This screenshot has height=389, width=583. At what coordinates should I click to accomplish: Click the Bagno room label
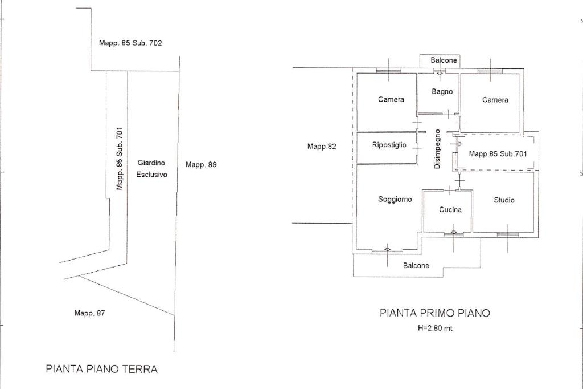click(442, 91)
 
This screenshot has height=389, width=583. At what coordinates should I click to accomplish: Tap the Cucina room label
click(450, 209)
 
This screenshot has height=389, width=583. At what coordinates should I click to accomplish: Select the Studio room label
click(504, 200)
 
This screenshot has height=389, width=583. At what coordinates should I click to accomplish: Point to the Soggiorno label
click(395, 199)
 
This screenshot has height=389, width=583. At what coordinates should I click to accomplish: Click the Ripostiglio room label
click(389, 145)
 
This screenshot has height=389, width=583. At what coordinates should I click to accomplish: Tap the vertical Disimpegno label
click(437, 149)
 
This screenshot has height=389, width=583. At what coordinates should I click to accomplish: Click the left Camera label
click(391, 99)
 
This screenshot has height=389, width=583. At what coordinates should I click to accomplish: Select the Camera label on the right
click(495, 100)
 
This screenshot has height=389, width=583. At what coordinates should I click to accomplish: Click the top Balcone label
click(444, 60)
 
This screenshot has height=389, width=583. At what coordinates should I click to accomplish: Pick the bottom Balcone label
click(416, 265)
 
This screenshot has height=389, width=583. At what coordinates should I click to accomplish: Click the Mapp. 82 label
click(322, 147)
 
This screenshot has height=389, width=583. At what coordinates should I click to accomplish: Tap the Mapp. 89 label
click(201, 164)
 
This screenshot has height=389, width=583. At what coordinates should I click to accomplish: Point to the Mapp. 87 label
click(89, 313)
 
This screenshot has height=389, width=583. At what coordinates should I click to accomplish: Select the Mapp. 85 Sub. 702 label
click(130, 43)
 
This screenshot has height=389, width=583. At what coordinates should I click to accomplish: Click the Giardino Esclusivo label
click(151, 168)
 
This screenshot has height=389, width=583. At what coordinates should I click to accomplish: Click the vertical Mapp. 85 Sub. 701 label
click(120, 158)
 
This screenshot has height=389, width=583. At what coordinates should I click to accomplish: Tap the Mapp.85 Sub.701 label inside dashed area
click(498, 153)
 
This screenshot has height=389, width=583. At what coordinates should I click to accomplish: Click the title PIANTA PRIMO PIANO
click(434, 313)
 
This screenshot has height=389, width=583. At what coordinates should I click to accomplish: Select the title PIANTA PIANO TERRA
click(101, 369)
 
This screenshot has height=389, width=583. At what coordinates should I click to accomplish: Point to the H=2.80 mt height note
click(435, 328)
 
